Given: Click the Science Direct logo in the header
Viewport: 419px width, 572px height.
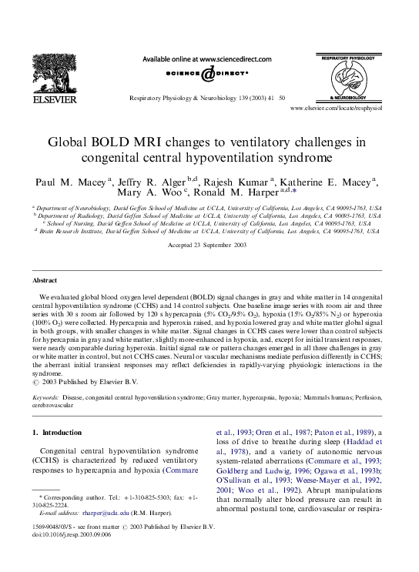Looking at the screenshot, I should [x=207, y=74].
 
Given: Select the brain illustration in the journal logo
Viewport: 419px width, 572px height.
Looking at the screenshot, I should [x=353, y=77].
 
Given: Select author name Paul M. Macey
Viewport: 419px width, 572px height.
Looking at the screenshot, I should [x=72, y=182].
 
